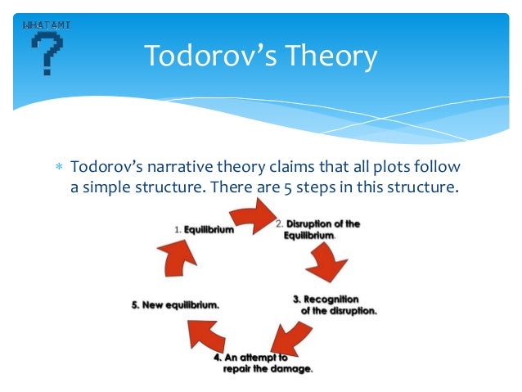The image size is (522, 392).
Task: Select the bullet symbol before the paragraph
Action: [x=57, y=169]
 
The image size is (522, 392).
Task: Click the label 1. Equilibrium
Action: [x=204, y=230]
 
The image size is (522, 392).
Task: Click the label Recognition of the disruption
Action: [x=335, y=305]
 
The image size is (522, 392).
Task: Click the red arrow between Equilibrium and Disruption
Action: [x=250, y=216]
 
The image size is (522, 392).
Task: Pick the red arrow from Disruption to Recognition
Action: [x=326, y=264]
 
